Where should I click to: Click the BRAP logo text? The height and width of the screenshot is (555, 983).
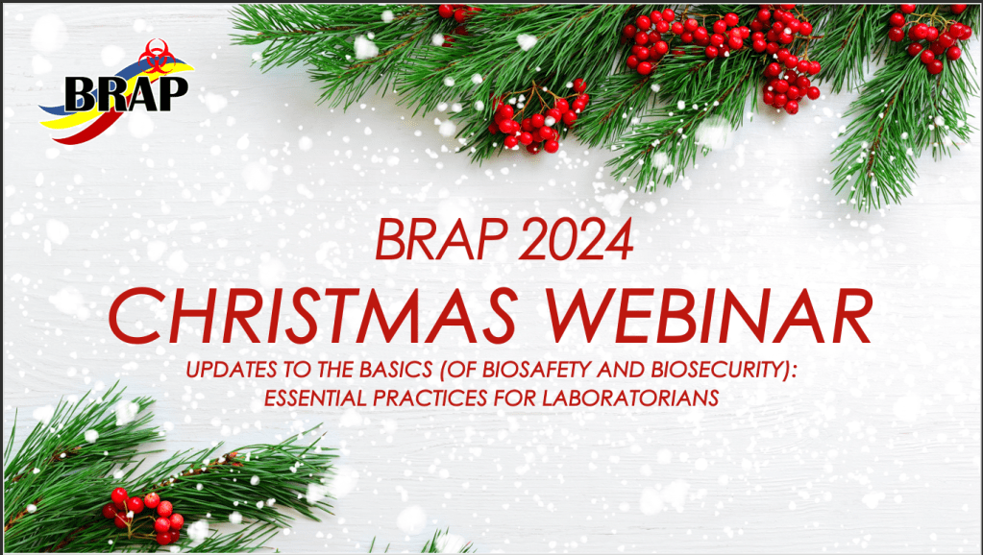tap(126, 95)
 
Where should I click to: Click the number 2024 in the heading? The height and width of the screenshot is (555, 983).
tap(577, 240)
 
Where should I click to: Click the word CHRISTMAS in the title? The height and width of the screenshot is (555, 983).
tap(313, 316)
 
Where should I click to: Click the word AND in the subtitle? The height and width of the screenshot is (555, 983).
tap(621, 370)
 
